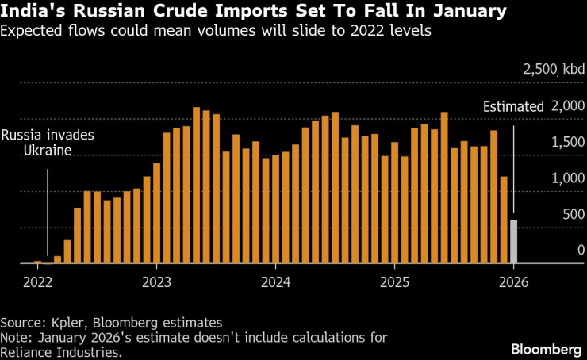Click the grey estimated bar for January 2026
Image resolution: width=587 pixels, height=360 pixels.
(x=513, y=242)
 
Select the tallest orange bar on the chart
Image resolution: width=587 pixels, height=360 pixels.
(x=196, y=186)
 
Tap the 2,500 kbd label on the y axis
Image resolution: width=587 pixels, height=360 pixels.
(x=553, y=70)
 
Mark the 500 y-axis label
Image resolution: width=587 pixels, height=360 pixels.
(x=574, y=214)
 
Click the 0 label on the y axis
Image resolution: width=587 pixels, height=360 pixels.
(x=581, y=251)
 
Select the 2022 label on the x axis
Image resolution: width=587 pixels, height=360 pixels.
(x=37, y=281)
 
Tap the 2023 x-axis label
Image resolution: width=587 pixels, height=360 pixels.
(x=157, y=281)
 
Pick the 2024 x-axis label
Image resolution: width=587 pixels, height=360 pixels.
(x=275, y=281)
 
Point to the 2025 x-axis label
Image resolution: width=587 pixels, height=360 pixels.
(x=394, y=281)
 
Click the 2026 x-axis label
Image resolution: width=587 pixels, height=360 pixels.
(x=513, y=281)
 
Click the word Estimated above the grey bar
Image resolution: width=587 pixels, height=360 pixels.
(x=513, y=106)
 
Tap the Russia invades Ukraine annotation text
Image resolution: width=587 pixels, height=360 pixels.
(x=47, y=143)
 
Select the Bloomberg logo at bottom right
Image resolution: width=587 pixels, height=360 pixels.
(x=546, y=349)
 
